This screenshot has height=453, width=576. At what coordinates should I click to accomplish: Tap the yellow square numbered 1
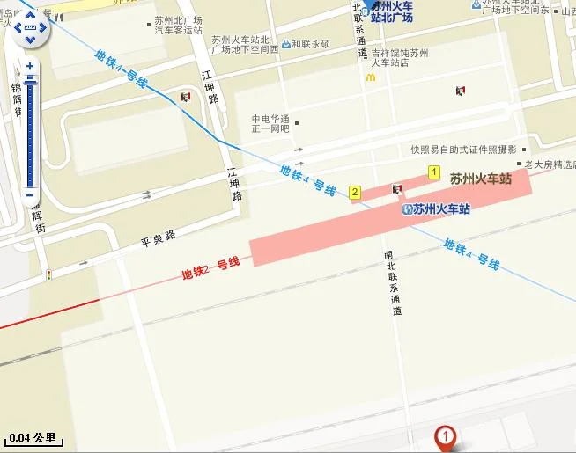click(x=433, y=172)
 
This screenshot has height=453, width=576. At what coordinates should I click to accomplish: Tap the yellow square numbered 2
click(x=355, y=192)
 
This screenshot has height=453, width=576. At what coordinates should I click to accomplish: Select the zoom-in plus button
click(x=30, y=66)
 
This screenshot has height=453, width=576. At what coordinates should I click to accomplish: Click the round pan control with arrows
click(x=30, y=33)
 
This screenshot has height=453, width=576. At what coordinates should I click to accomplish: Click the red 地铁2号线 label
click(x=210, y=267)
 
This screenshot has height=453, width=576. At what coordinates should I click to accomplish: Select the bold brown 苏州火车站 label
click(x=481, y=179)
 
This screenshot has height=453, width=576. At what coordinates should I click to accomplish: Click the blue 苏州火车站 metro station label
click(x=441, y=209)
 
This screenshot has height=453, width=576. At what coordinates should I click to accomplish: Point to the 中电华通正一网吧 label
click(x=270, y=124)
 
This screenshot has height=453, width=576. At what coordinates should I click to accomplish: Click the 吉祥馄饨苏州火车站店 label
click(x=399, y=58)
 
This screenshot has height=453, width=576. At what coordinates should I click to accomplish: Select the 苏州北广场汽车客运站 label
click(x=178, y=25)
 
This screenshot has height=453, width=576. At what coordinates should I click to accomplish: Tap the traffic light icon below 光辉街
click(x=49, y=275)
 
